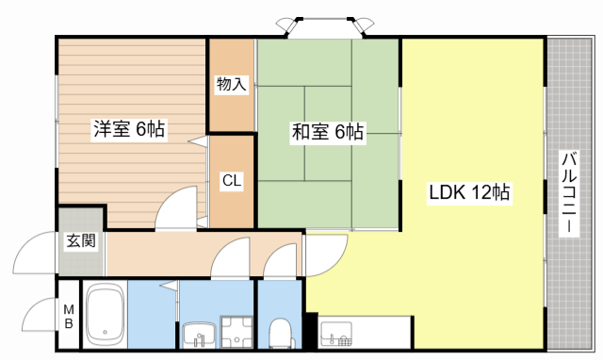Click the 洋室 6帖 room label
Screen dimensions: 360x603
point(130,130)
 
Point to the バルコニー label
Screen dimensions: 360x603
point(569,195)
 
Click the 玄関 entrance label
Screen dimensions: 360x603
point(80,240)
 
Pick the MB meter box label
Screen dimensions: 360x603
point(68,316)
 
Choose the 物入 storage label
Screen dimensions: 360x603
point(231,85)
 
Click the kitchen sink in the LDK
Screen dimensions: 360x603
point(336,335)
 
